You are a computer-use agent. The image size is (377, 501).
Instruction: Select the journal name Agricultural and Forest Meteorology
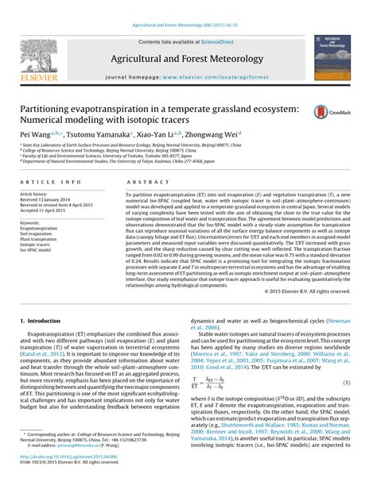pos(188,59)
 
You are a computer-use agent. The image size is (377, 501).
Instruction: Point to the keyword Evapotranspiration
pos(41,228)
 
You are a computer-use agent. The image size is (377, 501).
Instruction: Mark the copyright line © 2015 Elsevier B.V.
pos(321,291)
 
